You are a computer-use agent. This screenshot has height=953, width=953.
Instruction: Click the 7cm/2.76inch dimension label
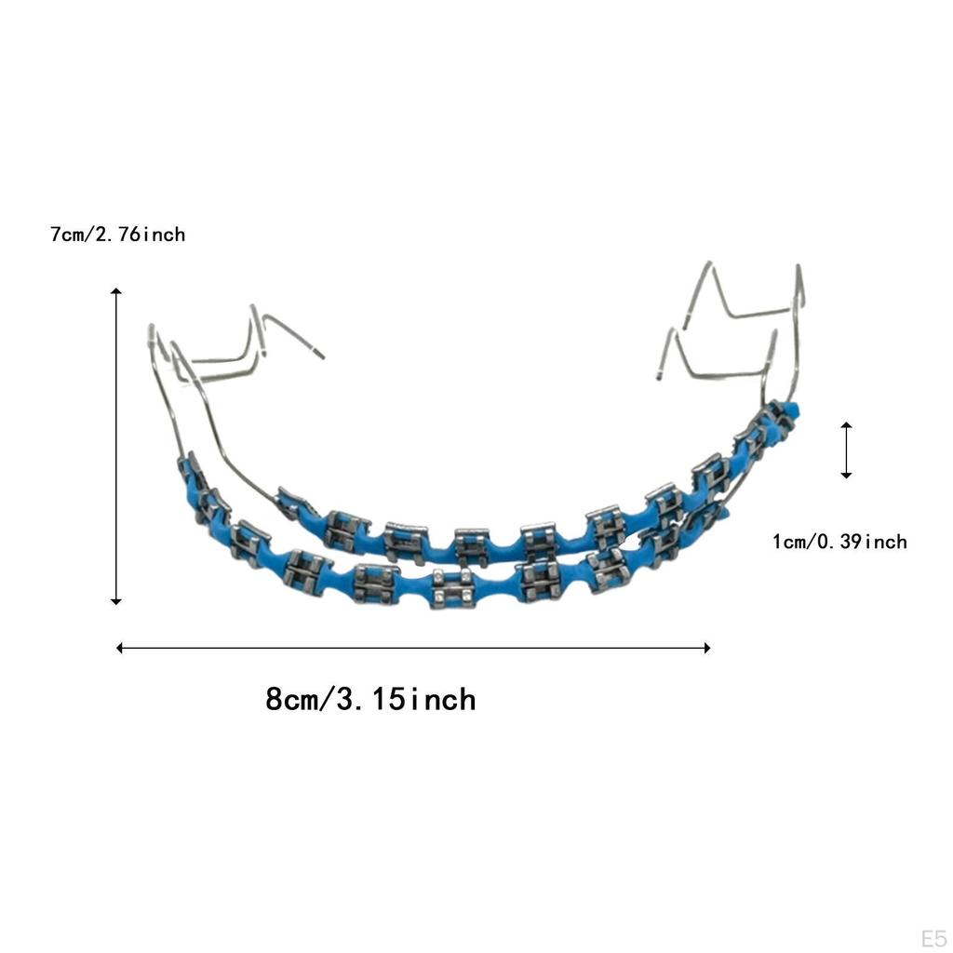click(x=118, y=235)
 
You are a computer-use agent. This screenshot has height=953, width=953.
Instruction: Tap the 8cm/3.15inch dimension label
click(x=370, y=699)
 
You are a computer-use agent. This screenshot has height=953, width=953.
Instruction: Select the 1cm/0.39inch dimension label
click(x=839, y=542)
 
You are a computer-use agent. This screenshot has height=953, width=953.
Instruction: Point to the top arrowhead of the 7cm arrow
click(x=116, y=292)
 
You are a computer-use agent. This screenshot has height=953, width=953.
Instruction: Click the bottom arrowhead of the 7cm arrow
click(x=116, y=601)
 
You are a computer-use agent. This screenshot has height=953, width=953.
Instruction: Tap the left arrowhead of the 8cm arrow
click(x=120, y=648)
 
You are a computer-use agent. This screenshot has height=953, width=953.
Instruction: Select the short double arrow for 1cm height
click(x=846, y=450)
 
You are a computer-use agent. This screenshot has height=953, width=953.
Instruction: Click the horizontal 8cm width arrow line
click(x=413, y=648)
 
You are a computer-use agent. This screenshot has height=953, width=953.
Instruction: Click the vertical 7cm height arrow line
click(x=116, y=447)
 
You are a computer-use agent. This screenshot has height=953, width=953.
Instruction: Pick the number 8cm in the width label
click(x=291, y=699)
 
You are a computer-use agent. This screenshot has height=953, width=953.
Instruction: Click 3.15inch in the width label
click(x=405, y=699)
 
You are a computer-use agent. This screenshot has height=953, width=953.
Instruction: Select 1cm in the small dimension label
click(x=790, y=542)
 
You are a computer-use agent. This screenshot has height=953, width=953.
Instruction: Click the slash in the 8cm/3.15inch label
click(x=326, y=699)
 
